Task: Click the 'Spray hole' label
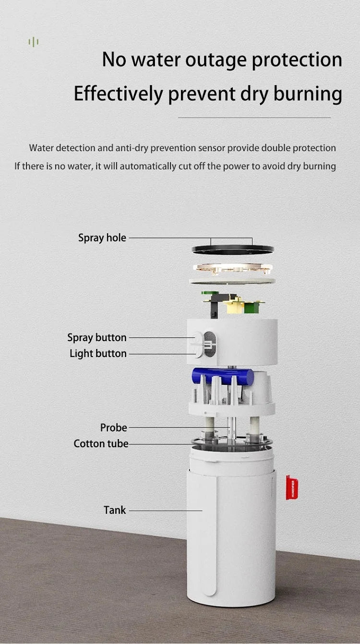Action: click(102, 238)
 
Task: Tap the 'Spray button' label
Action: click(97, 337)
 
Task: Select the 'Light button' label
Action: click(98, 353)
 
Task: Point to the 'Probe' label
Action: click(114, 428)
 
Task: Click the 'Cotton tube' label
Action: click(101, 443)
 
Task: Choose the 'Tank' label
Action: click(115, 510)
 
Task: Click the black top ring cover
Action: click(233, 250)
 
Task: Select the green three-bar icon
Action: click(33, 42)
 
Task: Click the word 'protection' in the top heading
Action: click(297, 60)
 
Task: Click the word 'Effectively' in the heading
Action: click(119, 94)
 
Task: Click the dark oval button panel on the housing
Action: click(210, 344)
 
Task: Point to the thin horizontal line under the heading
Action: click(254, 118)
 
